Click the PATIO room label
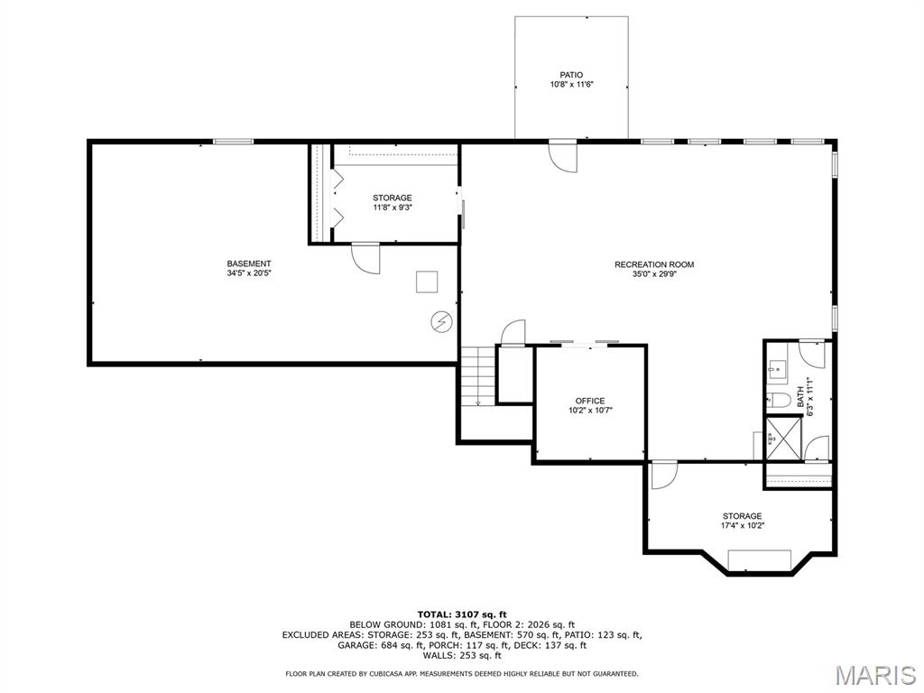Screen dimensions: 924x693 (x=571, y=75)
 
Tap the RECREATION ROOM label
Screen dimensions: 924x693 (x=654, y=264)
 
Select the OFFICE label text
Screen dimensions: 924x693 (x=590, y=401)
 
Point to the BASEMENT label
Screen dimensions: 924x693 (x=249, y=263)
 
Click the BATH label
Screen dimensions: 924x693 (x=800, y=397)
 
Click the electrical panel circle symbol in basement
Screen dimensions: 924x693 (x=440, y=322)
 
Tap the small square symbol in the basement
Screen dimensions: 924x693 (x=427, y=282)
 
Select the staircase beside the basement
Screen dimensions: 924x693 (x=477, y=376)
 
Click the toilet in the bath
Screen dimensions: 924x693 (x=778, y=400)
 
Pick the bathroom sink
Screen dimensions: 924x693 (x=775, y=369)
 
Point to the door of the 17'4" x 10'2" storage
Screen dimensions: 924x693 (x=664, y=475)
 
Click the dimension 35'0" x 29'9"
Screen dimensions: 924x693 (x=654, y=274)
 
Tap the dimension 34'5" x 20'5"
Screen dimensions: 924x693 (x=249, y=273)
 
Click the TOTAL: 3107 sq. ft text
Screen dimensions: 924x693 (x=462, y=614)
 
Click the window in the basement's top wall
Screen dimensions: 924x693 (x=233, y=142)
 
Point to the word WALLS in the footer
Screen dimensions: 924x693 (x=438, y=655)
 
